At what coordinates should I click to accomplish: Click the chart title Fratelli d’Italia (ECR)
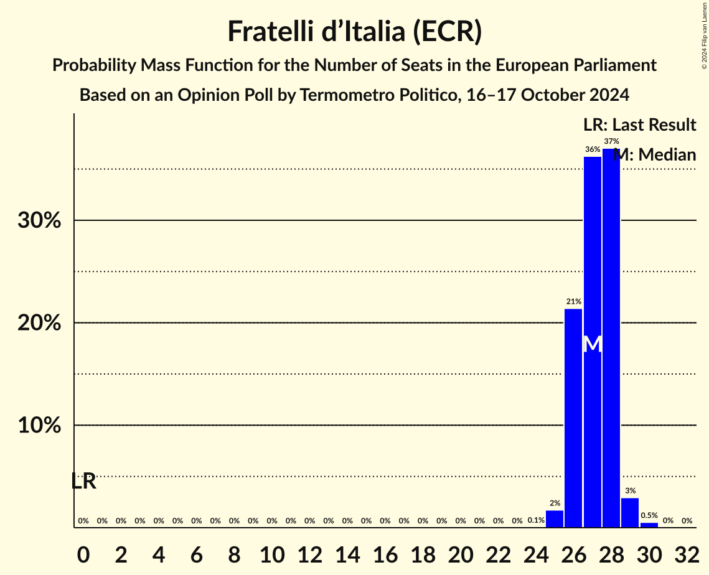point(354,31)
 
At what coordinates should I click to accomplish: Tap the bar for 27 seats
point(593,342)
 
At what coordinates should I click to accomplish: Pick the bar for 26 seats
point(573,418)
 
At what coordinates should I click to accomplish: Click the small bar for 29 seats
point(630,513)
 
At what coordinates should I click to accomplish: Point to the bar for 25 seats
point(555,519)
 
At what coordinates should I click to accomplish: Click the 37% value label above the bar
point(611,141)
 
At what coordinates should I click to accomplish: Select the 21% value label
point(573,302)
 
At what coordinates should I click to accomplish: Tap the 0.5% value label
point(649,515)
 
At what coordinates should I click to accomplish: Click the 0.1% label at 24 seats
point(536,520)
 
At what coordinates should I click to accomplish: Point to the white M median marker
point(593,344)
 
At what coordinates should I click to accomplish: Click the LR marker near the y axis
point(83,481)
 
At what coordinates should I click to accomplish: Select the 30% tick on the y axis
point(39,220)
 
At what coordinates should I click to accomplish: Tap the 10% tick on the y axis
point(39,426)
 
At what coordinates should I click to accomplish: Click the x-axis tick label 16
point(385,553)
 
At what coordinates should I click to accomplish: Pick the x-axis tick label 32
point(687,553)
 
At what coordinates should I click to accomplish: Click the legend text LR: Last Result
point(639,125)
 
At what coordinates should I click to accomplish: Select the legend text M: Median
point(655,155)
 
